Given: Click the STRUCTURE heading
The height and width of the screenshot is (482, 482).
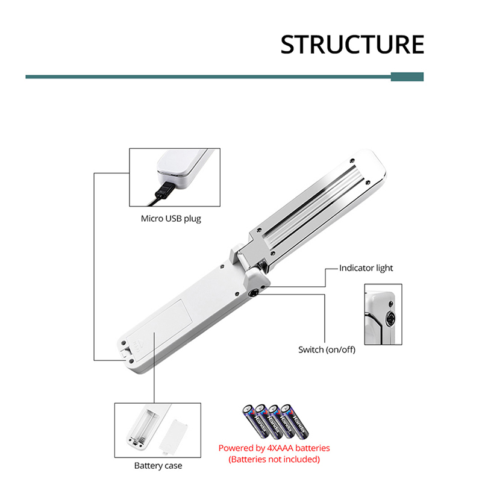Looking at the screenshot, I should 352,45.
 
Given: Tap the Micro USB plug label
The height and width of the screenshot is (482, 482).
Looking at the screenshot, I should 171,219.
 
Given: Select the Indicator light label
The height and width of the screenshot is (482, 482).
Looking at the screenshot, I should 366,268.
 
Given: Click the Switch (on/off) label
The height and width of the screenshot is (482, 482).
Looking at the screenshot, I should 327,349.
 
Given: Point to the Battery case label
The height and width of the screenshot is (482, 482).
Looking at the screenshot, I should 158,465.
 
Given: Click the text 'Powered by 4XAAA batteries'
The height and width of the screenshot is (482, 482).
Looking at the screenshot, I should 274,448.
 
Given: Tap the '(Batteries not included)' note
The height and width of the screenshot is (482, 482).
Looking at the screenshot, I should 274,459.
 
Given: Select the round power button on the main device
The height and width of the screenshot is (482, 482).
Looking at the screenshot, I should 254,293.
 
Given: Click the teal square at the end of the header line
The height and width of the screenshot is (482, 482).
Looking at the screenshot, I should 407,77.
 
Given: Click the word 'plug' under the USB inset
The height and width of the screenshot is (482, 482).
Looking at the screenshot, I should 192,219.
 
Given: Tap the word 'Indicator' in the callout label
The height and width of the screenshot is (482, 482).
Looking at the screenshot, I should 355,268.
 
